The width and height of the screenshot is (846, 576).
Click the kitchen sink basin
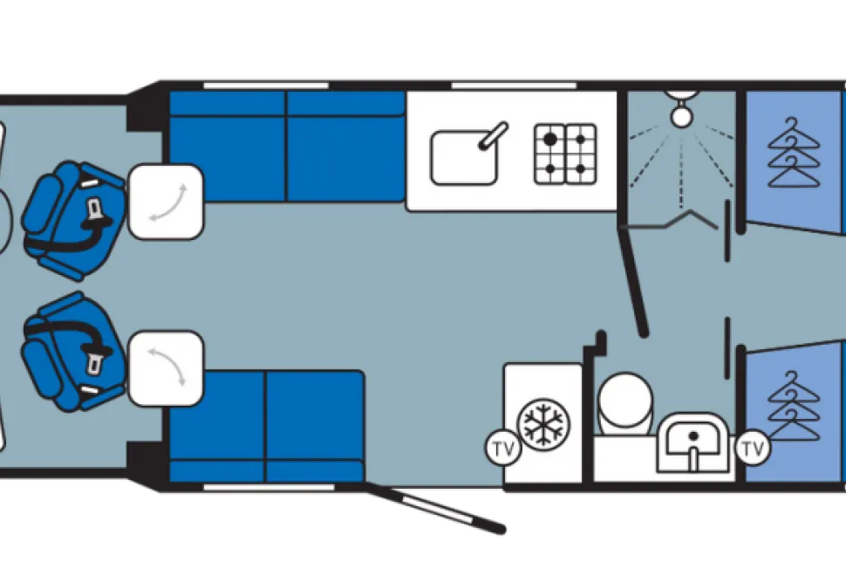463,158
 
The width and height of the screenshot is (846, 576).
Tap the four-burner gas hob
565,154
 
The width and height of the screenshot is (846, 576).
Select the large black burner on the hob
549,140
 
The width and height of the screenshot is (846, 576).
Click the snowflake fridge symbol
543,422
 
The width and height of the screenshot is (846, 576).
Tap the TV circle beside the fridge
504,449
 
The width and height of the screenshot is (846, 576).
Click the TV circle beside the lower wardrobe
753,448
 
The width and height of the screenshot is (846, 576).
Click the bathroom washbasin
692,442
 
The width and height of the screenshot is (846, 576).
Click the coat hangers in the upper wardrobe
793,152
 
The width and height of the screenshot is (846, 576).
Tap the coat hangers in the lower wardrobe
793,406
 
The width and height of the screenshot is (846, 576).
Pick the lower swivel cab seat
73,352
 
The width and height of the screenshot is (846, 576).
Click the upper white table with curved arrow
167,202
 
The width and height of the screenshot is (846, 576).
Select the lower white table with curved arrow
167,368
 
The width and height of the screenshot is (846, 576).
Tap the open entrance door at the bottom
435,508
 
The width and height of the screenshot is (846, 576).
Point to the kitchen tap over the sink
494,135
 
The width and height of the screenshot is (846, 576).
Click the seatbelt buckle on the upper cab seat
96,207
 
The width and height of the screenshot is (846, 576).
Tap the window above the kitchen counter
514,86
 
